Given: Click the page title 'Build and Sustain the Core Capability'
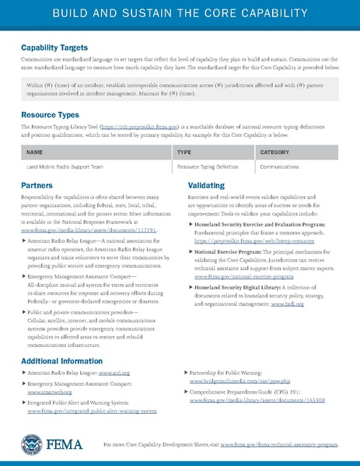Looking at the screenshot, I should pyautogui.click(x=180, y=14).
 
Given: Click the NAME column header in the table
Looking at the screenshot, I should pyautogui.click(x=34, y=152).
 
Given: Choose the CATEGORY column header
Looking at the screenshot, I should pyautogui.click(x=274, y=152).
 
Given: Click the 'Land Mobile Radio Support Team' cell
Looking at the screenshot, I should pyautogui.click(x=62, y=166).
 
